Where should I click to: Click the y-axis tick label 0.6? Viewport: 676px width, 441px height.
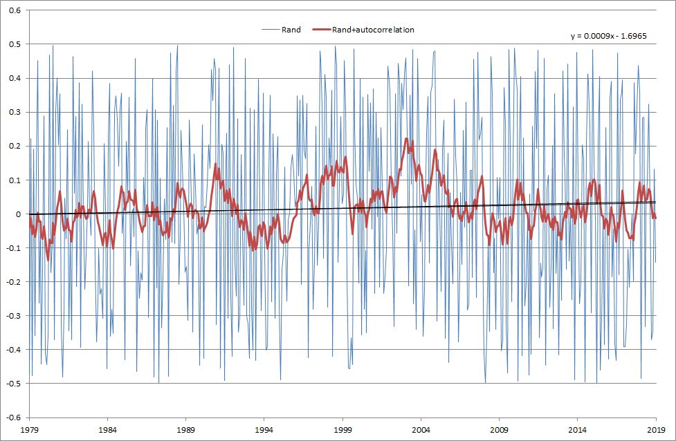click(x=15, y=10)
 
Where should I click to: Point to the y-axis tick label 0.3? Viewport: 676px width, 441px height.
click(x=15, y=112)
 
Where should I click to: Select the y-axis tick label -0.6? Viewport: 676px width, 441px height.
click(x=14, y=417)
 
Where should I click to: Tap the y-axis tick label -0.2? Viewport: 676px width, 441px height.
click(x=14, y=282)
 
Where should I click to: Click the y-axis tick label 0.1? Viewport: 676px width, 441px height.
click(x=15, y=180)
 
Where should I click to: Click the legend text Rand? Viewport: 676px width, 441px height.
click(x=291, y=30)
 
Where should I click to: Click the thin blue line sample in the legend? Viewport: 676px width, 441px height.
click(x=270, y=30)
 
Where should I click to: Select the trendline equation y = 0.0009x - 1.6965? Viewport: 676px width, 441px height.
click(x=608, y=37)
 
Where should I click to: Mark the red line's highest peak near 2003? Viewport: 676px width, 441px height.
click(x=407, y=139)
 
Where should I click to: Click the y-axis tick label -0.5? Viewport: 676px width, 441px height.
click(x=14, y=384)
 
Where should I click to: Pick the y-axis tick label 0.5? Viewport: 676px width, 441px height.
click(x=15, y=44)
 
